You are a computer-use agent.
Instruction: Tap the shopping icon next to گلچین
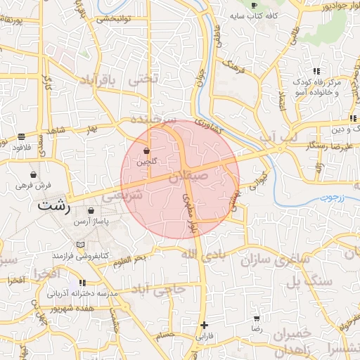click(146, 151)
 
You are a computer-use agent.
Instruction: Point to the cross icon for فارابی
click(204, 325)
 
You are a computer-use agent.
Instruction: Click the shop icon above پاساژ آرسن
click(91, 211)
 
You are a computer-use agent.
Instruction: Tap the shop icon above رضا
click(257, 319)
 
